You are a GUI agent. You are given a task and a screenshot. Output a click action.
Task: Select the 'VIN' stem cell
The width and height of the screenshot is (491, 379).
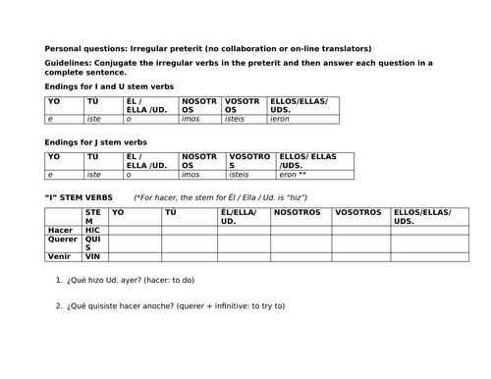pos(93,257)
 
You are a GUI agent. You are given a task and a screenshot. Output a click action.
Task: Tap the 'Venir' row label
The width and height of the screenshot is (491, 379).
pos(60,257)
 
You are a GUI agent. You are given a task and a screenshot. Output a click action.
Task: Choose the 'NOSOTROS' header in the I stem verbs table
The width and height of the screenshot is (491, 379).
pos(299,212)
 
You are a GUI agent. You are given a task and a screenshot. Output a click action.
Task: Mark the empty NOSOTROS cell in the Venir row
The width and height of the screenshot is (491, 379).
pos(300,257)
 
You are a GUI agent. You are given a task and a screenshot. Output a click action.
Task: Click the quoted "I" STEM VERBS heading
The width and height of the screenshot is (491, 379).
pos(82,196)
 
